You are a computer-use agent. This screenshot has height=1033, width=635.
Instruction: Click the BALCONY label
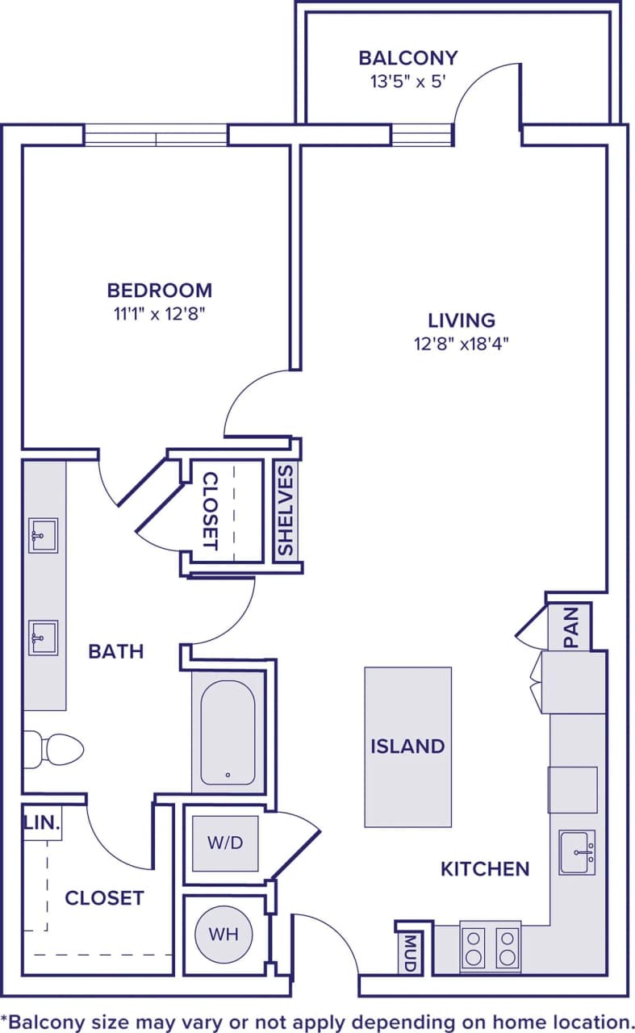[x=407, y=58]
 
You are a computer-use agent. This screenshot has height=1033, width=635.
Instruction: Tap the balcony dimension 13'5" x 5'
[x=407, y=82]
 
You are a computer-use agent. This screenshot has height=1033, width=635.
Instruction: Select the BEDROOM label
[x=160, y=290]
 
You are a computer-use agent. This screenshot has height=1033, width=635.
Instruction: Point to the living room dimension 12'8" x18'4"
[x=462, y=343]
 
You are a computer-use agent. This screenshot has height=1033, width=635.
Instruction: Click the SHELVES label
[x=286, y=510]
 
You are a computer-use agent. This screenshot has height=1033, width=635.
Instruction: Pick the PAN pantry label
[x=571, y=627]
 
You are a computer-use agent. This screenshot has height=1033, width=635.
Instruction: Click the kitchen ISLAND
[x=407, y=747]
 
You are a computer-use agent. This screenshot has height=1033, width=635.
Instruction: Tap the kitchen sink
[x=577, y=852]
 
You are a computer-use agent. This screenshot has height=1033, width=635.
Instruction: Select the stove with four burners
[x=491, y=947]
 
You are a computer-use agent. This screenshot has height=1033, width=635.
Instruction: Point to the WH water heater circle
[x=224, y=935]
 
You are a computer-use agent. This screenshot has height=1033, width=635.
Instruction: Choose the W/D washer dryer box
[x=225, y=843]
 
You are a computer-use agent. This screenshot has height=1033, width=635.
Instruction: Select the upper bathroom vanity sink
[x=43, y=535]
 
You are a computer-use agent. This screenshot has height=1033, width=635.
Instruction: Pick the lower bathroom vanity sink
[x=43, y=638]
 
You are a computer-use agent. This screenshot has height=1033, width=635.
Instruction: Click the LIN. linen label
[x=42, y=823]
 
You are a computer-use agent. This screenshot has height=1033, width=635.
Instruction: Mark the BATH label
[x=116, y=650]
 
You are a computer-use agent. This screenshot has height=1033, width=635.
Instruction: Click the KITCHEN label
[x=485, y=868]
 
